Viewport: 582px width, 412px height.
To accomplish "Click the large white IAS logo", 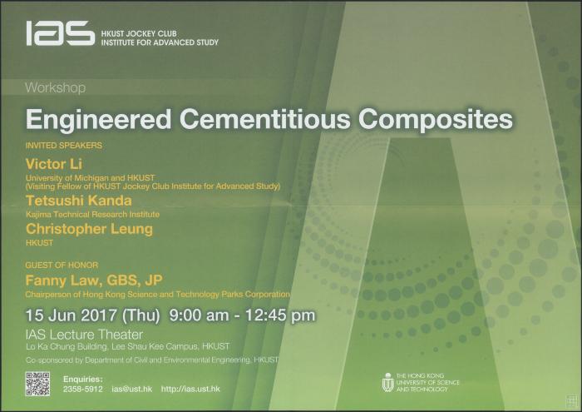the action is tap(60, 33).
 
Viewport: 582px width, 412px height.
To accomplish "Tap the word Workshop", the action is tap(56, 88).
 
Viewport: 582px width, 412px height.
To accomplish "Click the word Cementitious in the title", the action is tap(264, 119).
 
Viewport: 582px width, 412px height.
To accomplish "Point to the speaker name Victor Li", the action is tap(54, 164).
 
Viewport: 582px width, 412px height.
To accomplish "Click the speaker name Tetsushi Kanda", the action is tap(79, 201).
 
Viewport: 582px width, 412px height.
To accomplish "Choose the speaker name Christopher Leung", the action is tap(89, 229).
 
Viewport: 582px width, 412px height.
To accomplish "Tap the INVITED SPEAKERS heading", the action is tap(64, 146).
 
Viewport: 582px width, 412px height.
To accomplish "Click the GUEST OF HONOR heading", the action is tap(62, 265).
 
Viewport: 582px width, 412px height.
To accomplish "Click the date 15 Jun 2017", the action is tap(71, 315).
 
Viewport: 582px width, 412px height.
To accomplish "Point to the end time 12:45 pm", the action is tap(280, 315).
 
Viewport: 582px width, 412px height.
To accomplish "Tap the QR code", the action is tap(38, 384).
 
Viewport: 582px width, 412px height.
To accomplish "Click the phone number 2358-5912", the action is tap(82, 389).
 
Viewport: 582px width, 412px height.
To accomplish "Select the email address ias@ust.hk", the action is tap(131, 389).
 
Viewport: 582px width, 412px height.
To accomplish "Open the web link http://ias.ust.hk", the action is tap(190, 389).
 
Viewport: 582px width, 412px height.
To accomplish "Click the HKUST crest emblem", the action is tap(388, 383).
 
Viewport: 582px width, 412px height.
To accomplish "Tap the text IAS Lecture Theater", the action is tap(84, 335).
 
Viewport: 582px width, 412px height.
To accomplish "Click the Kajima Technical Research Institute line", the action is tap(92, 215).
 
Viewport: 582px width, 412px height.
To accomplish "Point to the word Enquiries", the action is tap(83, 380).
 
